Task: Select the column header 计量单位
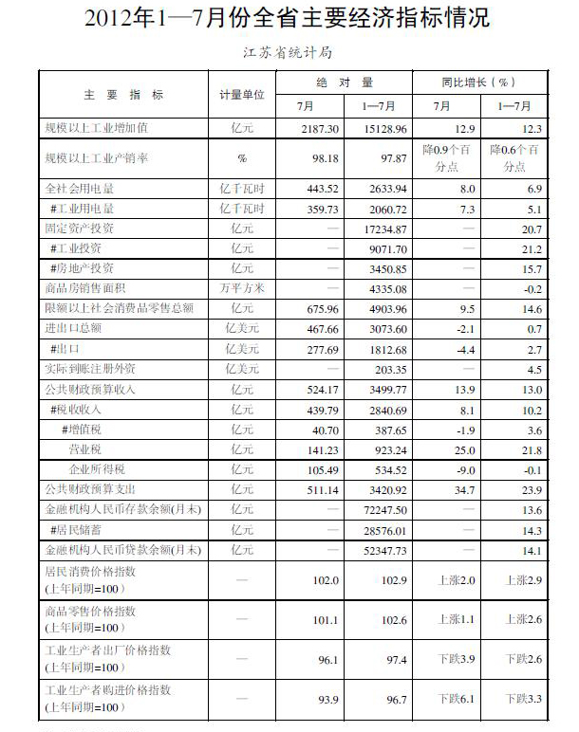[242, 95]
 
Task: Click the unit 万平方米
[242, 288]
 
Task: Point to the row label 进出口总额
[74, 328]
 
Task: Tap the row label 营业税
[84, 448]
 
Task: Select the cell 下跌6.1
[454, 699]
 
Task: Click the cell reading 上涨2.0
[454, 578]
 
